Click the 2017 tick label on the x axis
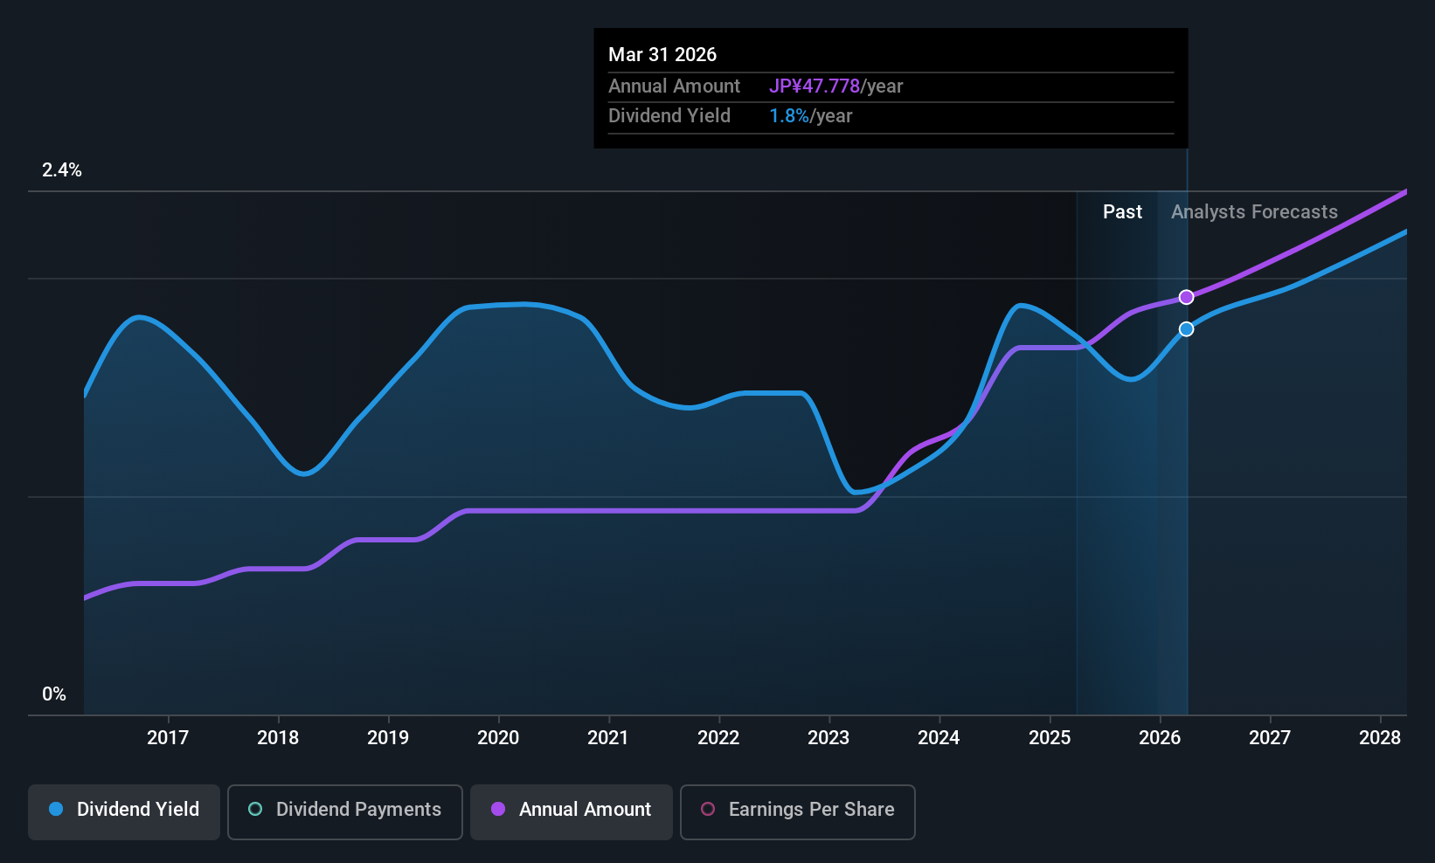[x=168, y=737]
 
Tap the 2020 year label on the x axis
[x=498, y=737]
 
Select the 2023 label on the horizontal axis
[x=829, y=737]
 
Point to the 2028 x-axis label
[x=1380, y=737]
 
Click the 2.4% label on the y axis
[x=62, y=170]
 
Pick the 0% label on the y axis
[x=54, y=694]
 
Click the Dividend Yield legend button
[x=123, y=811]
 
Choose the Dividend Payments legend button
[x=344, y=811]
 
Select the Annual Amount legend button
[x=572, y=811]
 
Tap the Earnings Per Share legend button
[x=798, y=811]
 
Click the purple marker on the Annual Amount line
[x=1187, y=297]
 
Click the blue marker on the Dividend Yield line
[x=1187, y=329]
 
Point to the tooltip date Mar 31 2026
[x=662, y=55]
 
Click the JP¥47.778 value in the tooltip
[x=815, y=86]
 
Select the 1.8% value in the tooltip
[x=788, y=116]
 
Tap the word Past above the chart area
[x=1122, y=212]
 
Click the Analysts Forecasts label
[x=1254, y=212]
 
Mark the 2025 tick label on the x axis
[x=1050, y=737]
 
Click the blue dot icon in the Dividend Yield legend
[x=57, y=809]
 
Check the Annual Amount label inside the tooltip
[x=674, y=86]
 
